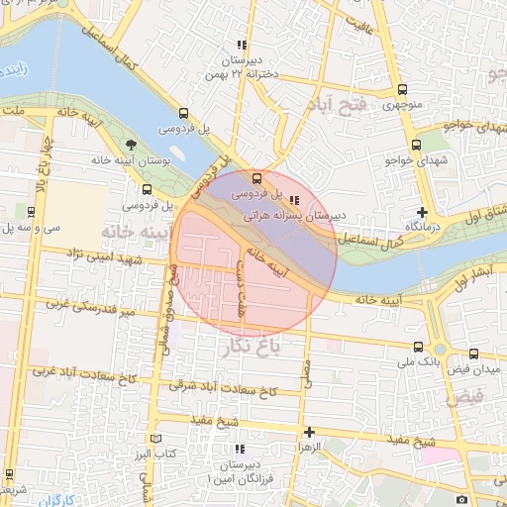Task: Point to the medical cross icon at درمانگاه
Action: coord(423,212)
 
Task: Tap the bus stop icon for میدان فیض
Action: coord(473,354)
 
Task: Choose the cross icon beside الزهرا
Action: coord(310,433)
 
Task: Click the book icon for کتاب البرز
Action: coord(153,439)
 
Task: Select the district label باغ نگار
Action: coord(274,346)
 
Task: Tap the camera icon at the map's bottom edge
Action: coord(462,499)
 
